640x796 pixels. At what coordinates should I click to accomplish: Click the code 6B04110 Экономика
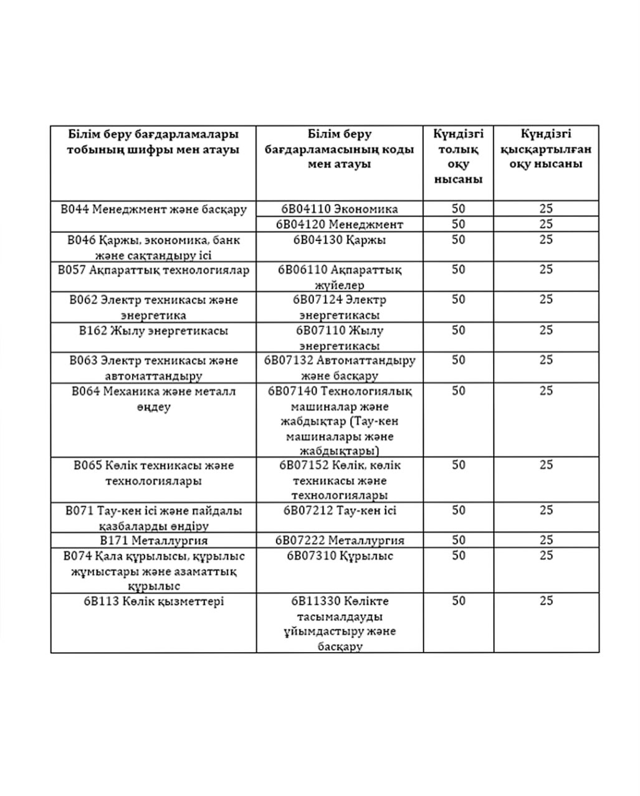click(340, 209)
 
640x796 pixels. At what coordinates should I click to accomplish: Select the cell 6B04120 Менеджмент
click(340, 224)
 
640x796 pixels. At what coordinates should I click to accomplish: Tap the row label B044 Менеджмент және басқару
click(153, 209)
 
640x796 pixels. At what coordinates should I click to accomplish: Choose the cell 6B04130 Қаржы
click(340, 240)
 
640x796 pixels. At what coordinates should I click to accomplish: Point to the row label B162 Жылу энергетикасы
click(153, 331)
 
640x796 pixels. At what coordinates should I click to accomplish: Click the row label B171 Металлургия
click(153, 540)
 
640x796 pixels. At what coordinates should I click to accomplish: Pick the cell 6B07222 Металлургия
click(340, 540)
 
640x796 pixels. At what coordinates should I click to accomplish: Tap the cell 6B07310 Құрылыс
click(340, 556)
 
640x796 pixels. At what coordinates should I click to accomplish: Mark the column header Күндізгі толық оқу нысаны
click(459, 156)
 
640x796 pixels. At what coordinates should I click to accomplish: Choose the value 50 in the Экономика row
click(459, 209)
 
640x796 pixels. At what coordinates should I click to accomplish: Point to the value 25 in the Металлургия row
click(546, 540)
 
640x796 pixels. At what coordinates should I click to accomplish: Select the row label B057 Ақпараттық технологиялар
click(153, 270)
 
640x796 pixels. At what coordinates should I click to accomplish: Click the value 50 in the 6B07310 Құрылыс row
click(459, 556)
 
